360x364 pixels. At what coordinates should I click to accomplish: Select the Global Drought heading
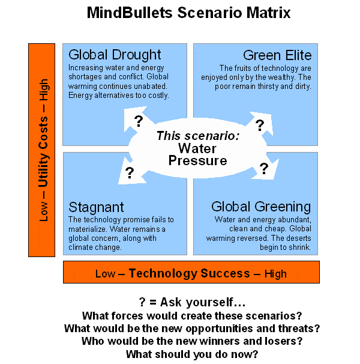115,55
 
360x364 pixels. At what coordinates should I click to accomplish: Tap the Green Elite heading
277,55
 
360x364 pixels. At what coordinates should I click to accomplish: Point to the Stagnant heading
97,207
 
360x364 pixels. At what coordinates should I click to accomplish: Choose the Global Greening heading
261,207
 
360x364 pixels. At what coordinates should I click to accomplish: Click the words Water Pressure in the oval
198,154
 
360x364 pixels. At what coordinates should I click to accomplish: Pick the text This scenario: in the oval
198,136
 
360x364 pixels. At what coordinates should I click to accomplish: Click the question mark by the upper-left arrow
139,121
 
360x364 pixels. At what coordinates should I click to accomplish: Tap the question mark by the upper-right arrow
260,125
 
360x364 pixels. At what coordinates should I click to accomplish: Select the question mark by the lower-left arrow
129,174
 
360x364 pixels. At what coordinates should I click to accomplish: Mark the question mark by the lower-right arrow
263,169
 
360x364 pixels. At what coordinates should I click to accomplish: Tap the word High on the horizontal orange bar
275,274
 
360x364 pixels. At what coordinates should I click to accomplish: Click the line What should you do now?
191,354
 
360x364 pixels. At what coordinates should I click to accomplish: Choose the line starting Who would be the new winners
191,341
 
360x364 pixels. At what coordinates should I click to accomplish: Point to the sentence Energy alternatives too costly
118,95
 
